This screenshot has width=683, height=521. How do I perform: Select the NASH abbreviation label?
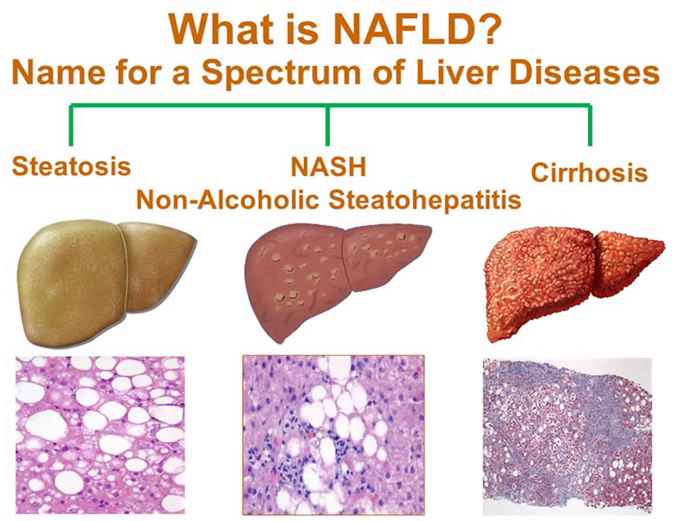coord(328,167)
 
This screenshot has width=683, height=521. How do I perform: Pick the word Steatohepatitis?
coord(424,201)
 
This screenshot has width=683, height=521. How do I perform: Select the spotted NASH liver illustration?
coord(337,282)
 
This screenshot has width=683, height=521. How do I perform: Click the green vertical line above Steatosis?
coord(71,125)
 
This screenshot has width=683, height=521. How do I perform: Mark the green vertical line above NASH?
coord(327,125)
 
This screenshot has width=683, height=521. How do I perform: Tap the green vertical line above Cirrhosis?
coord(590,125)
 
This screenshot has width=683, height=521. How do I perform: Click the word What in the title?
coord(221,30)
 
